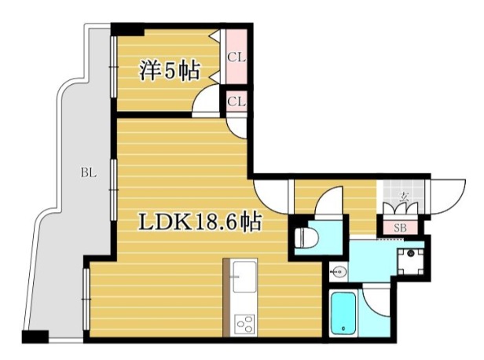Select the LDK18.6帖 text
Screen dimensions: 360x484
tap(200, 222)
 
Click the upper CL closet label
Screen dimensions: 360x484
tap(235, 56)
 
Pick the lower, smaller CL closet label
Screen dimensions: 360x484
tap(235, 101)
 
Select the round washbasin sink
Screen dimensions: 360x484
tap(339, 273)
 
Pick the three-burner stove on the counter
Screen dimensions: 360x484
tap(244, 323)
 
